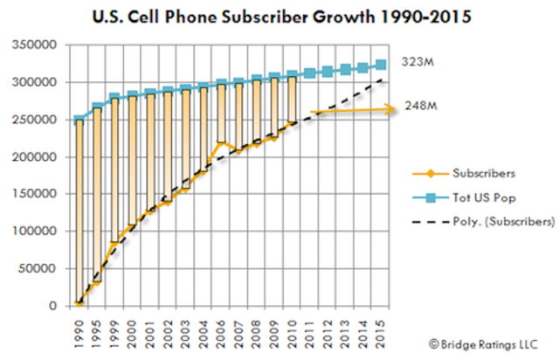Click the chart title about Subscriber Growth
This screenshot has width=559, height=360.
(279, 16)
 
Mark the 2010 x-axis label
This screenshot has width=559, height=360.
(293, 333)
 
